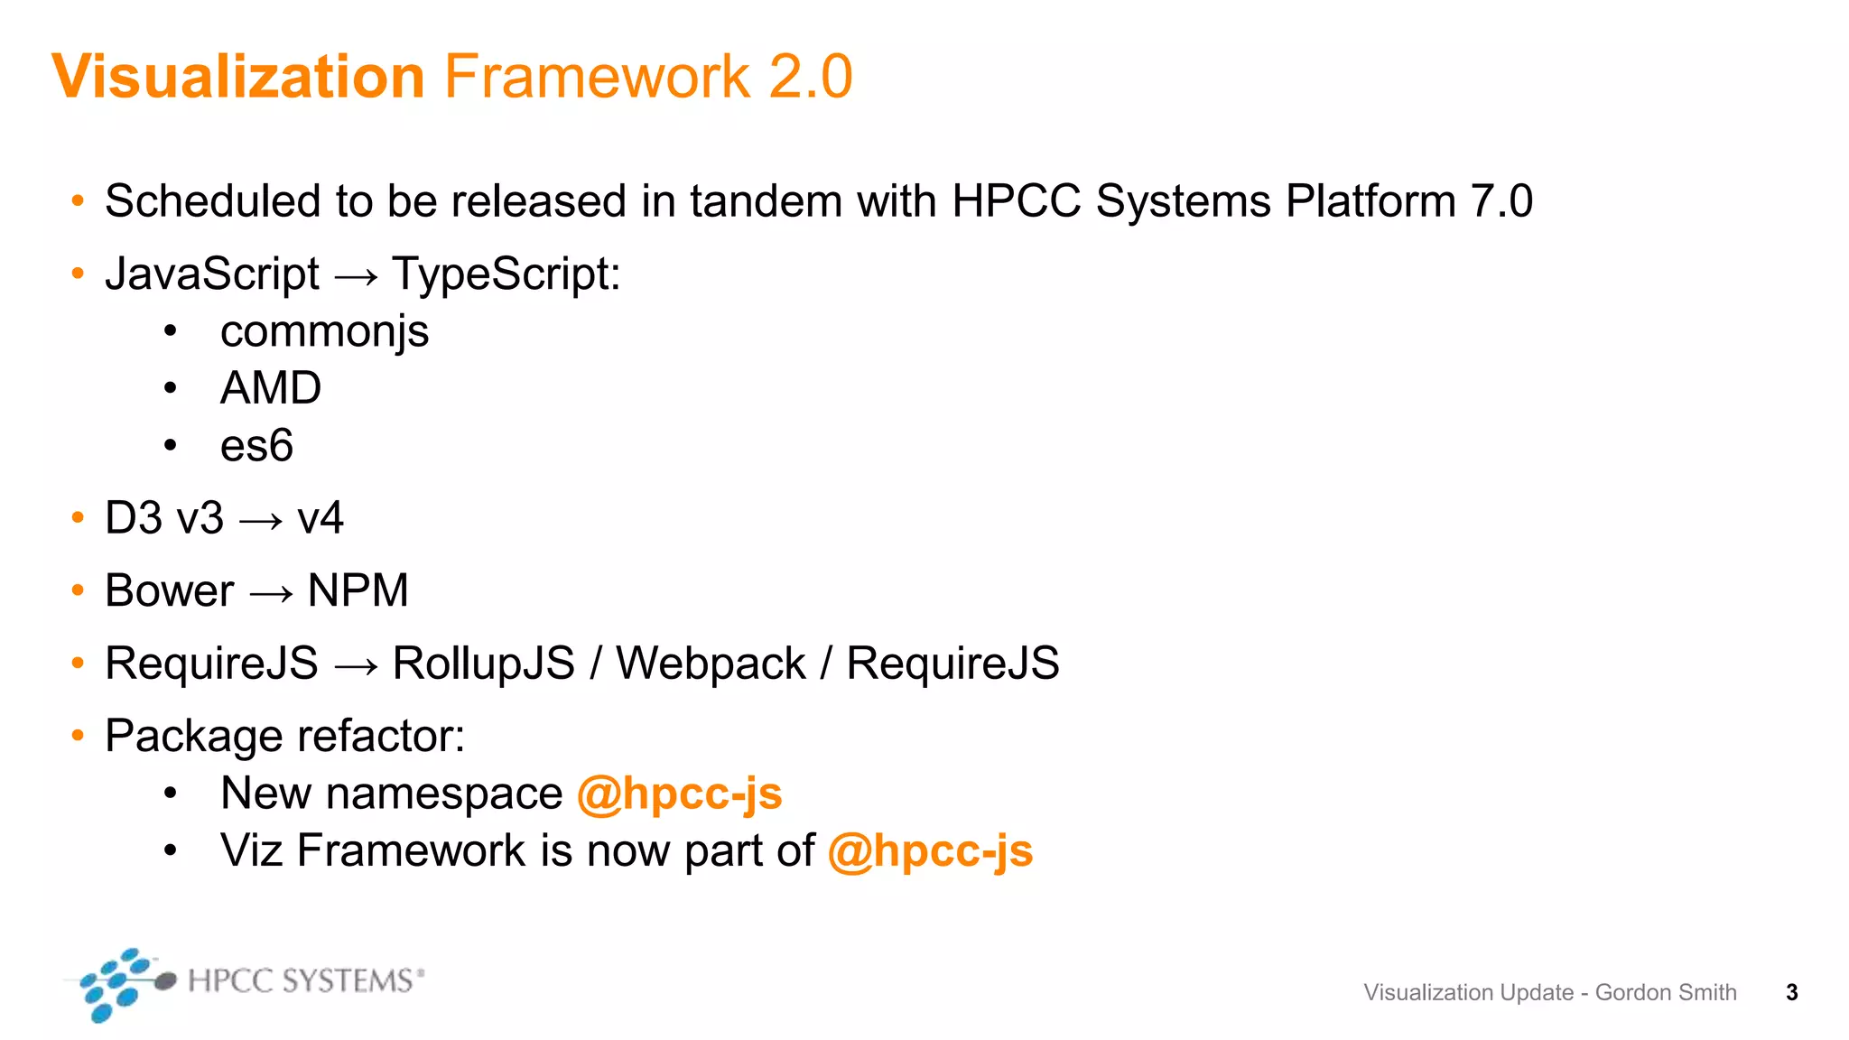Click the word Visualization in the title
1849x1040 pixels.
[238, 77]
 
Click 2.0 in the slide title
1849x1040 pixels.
[810, 77]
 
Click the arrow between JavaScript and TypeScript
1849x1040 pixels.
[356, 276]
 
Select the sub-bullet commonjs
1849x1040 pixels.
[324, 332]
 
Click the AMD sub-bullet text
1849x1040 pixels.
[271, 388]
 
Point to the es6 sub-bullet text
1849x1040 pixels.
[256, 446]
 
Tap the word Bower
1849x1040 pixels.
[169, 591]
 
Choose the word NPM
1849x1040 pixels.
[358, 591]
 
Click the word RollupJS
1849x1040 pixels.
[483, 664]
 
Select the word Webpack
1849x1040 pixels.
[711, 664]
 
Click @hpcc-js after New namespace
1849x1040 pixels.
[679, 794]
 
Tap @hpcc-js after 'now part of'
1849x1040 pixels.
[930, 851]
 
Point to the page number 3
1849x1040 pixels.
[1792, 993]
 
